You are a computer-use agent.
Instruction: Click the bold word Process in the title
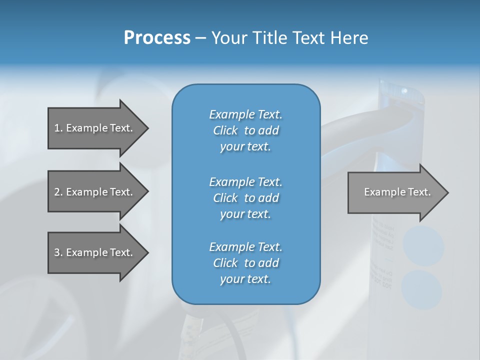[x=157, y=38]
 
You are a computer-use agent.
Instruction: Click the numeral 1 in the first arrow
[x=57, y=128]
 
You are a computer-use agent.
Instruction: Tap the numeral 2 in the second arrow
[x=57, y=192]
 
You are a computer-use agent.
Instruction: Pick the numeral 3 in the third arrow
[x=57, y=252]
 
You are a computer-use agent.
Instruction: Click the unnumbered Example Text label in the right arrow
[x=397, y=192]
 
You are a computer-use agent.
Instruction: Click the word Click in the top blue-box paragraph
[x=225, y=130]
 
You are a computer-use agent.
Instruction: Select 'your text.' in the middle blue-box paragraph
[x=245, y=214]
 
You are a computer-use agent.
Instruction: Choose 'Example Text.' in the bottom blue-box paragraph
[x=245, y=247]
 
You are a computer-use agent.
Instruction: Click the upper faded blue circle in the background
[x=423, y=246]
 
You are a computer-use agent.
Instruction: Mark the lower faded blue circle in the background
[x=421, y=289]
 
